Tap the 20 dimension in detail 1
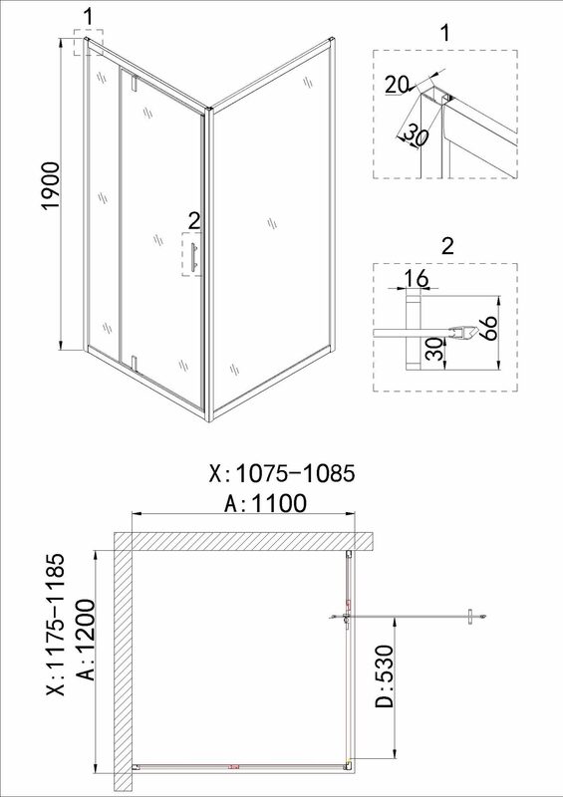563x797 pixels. (x=397, y=84)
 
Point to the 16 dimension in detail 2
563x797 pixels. (x=417, y=278)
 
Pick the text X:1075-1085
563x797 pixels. (x=281, y=474)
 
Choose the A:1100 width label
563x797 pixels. (x=266, y=503)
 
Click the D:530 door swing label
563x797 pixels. (x=386, y=676)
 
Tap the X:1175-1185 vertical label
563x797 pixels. (x=56, y=625)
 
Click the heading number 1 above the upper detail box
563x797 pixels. (x=445, y=34)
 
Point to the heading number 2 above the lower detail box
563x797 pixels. (x=447, y=246)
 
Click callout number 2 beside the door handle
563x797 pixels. (x=193, y=221)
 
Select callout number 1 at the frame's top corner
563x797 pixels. (x=89, y=17)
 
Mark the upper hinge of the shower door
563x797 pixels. (x=135, y=84)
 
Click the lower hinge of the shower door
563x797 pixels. (x=135, y=363)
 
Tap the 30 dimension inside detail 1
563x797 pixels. (x=415, y=137)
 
